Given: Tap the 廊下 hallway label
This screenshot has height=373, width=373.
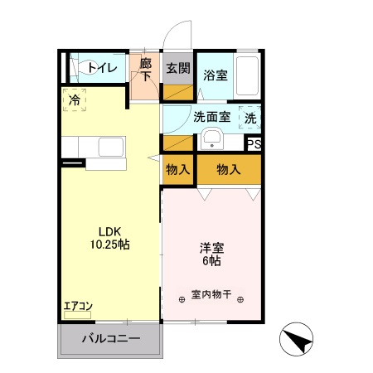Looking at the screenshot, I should pyautogui.click(x=146, y=68).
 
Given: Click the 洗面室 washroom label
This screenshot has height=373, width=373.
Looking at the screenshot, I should pyautogui.click(x=212, y=117).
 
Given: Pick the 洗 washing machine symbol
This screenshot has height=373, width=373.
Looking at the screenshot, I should pyautogui.click(x=250, y=118).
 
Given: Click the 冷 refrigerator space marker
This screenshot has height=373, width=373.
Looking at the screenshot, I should pyautogui.click(x=75, y=99).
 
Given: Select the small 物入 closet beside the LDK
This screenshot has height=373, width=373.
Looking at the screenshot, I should pyautogui.click(x=177, y=169).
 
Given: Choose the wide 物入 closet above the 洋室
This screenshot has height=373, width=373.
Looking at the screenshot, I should pyautogui.click(x=229, y=169).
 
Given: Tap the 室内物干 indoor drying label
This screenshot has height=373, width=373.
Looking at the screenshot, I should pyautogui.click(x=211, y=295).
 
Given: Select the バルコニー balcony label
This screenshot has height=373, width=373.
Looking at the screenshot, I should pyautogui.click(x=110, y=339).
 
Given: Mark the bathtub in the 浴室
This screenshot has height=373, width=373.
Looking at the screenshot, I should pyautogui.click(x=248, y=75).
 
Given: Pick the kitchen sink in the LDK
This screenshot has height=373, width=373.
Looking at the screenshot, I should pyautogui.click(x=111, y=149).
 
